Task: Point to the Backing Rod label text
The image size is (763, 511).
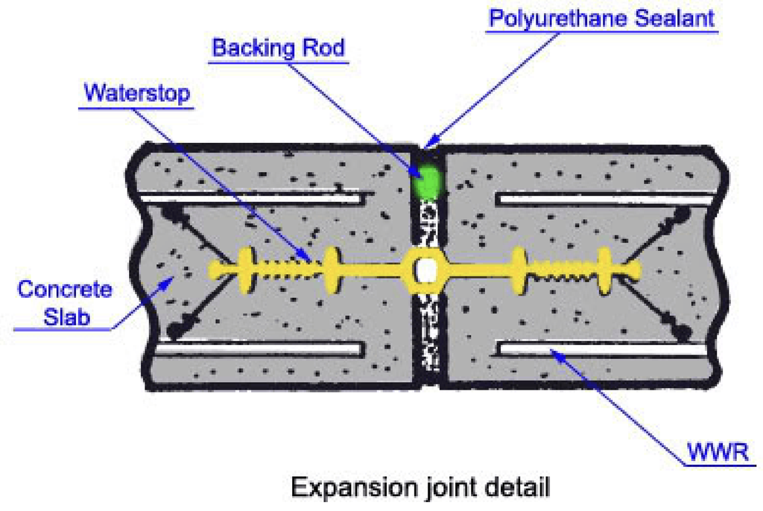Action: (x=279, y=48)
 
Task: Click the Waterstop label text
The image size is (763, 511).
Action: (x=137, y=93)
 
